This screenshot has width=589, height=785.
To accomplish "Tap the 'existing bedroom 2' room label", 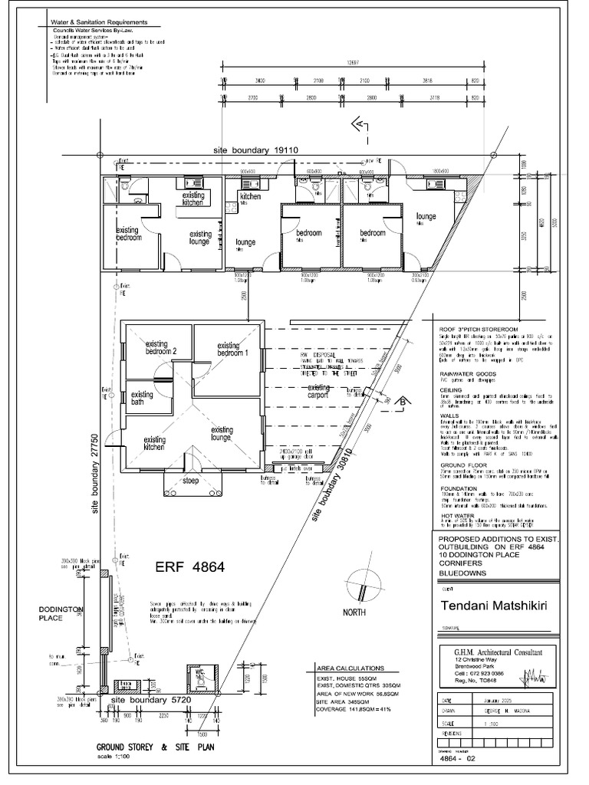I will coord(162,347).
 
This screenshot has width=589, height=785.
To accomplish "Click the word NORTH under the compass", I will coord(355,613).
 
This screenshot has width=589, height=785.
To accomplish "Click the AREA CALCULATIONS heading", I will coord(347,668).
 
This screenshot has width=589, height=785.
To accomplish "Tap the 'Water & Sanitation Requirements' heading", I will coord(94,24).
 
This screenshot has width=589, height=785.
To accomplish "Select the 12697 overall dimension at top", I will coord(353,64).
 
